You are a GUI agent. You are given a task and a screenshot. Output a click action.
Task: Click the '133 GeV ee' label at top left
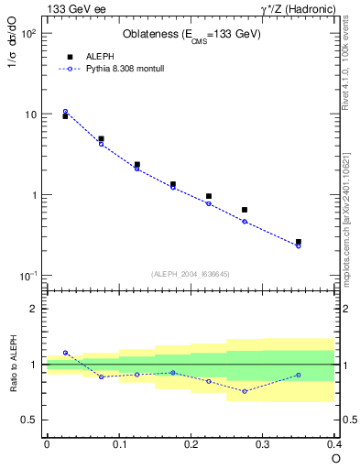(74, 9)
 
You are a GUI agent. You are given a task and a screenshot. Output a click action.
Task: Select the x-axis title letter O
(335, 458)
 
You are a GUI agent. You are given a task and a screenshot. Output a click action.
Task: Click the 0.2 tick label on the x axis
(191, 444)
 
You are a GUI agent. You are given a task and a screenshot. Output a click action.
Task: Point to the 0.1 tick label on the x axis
(118, 444)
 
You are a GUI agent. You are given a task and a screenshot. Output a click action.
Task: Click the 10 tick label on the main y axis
(29, 115)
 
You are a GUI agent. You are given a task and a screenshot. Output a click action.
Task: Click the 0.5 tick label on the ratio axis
(30, 420)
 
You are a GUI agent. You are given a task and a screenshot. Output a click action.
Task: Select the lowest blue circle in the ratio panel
(245, 391)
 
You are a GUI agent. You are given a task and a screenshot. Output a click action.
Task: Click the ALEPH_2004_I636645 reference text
(189, 273)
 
